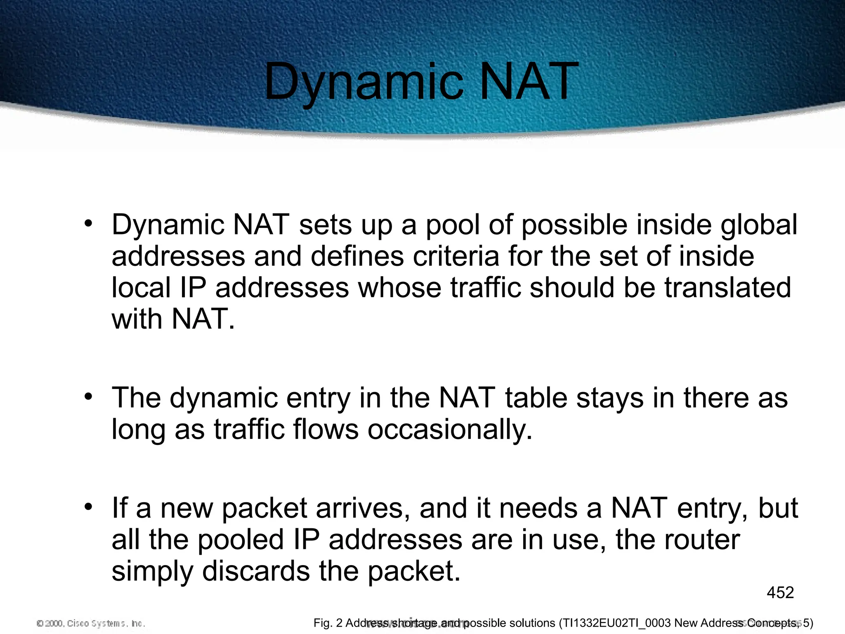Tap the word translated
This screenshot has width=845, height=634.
728,288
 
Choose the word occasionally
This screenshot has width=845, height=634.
450,430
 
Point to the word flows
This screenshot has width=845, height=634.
326,429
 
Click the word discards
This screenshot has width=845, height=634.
256,572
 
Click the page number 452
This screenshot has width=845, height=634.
780,593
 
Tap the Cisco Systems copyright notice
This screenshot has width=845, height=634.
91,623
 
